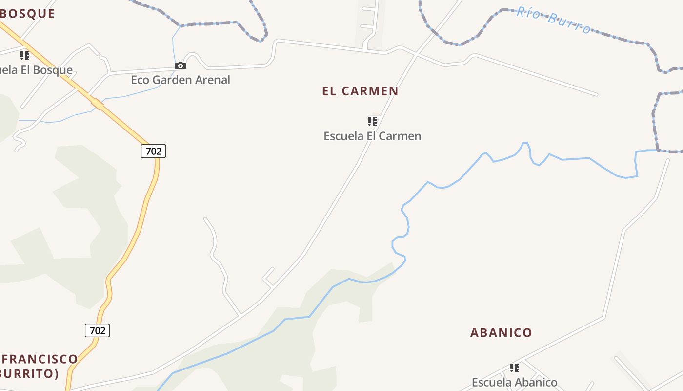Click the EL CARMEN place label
point(360,91)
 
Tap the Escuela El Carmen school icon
point(372,121)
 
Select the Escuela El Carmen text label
point(372,136)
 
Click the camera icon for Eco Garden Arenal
point(181,66)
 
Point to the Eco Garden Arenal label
point(181,80)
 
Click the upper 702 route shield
point(154,151)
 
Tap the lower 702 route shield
point(98,330)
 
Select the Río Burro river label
point(553,20)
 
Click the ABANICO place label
point(501,333)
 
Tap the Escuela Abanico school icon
point(514,368)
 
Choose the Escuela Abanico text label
point(514,382)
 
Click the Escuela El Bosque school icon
point(24,56)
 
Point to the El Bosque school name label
point(37,70)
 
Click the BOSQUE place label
point(27,14)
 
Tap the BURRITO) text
point(29,374)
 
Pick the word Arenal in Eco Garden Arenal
point(212,80)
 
